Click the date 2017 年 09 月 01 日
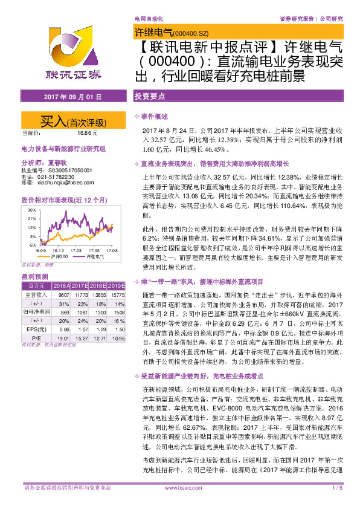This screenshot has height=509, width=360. (68, 97)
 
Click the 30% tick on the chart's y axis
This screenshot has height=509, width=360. (31, 210)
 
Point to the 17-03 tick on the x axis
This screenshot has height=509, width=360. (76, 250)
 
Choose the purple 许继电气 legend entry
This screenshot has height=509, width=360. (94, 256)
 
